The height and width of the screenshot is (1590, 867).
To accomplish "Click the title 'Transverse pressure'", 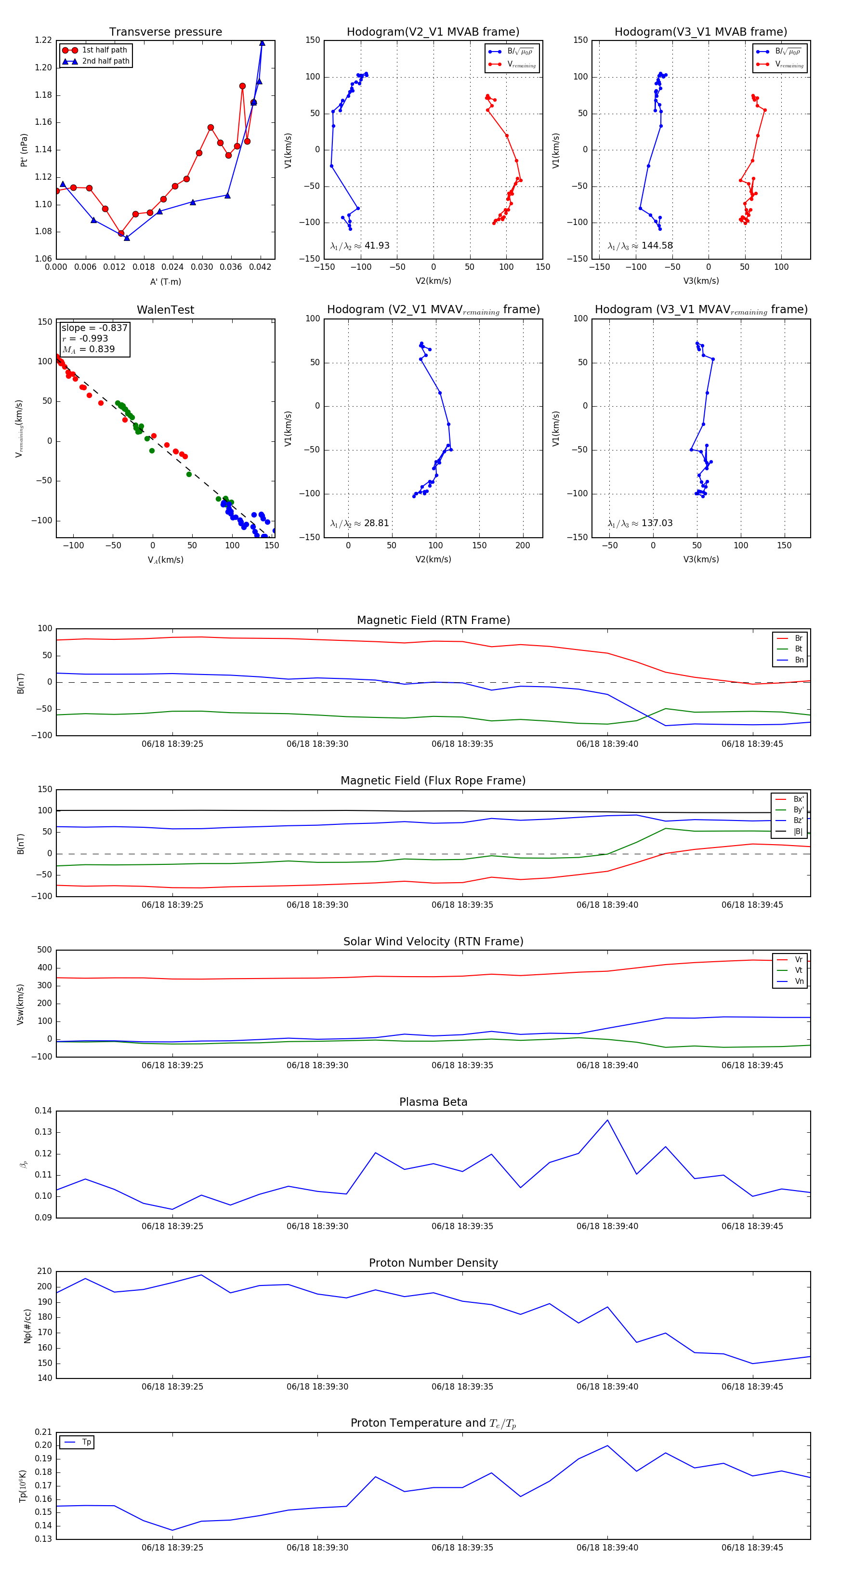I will click(x=165, y=32).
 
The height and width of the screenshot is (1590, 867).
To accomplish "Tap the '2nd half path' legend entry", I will click(x=105, y=61).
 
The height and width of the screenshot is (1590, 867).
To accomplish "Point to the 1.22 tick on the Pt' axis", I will click(x=43, y=40).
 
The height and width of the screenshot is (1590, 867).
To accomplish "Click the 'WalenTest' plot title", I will click(x=165, y=310).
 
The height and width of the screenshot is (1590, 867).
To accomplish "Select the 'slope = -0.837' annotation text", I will click(x=94, y=328).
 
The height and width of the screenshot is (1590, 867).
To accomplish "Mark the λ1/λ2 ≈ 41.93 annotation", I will click(x=360, y=246).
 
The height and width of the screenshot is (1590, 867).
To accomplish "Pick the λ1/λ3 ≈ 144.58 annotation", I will click(x=640, y=246).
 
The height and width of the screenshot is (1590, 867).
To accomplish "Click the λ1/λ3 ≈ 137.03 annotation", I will click(x=640, y=523).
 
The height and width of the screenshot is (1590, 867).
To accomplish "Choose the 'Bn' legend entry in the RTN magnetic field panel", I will click(x=799, y=660).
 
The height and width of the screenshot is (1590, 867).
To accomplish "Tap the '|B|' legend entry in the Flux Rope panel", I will click(x=798, y=832).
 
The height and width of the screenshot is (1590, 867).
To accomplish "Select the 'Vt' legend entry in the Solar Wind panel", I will click(x=799, y=970).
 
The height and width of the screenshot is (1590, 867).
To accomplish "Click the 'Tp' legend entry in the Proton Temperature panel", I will click(x=86, y=1442).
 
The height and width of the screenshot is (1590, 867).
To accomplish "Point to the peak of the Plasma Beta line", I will click(x=607, y=1120).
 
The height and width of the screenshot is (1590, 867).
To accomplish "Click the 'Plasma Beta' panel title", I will click(x=433, y=1102).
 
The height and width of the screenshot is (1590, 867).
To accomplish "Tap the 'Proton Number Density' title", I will click(x=433, y=1262).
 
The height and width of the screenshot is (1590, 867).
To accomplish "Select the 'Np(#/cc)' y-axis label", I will click(x=27, y=1325).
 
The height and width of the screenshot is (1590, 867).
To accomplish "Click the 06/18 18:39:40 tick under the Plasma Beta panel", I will click(x=607, y=1226).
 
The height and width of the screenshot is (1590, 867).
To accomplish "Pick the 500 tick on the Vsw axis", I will click(x=44, y=950).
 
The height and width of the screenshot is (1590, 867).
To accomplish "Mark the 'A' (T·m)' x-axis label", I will click(x=165, y=281).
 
